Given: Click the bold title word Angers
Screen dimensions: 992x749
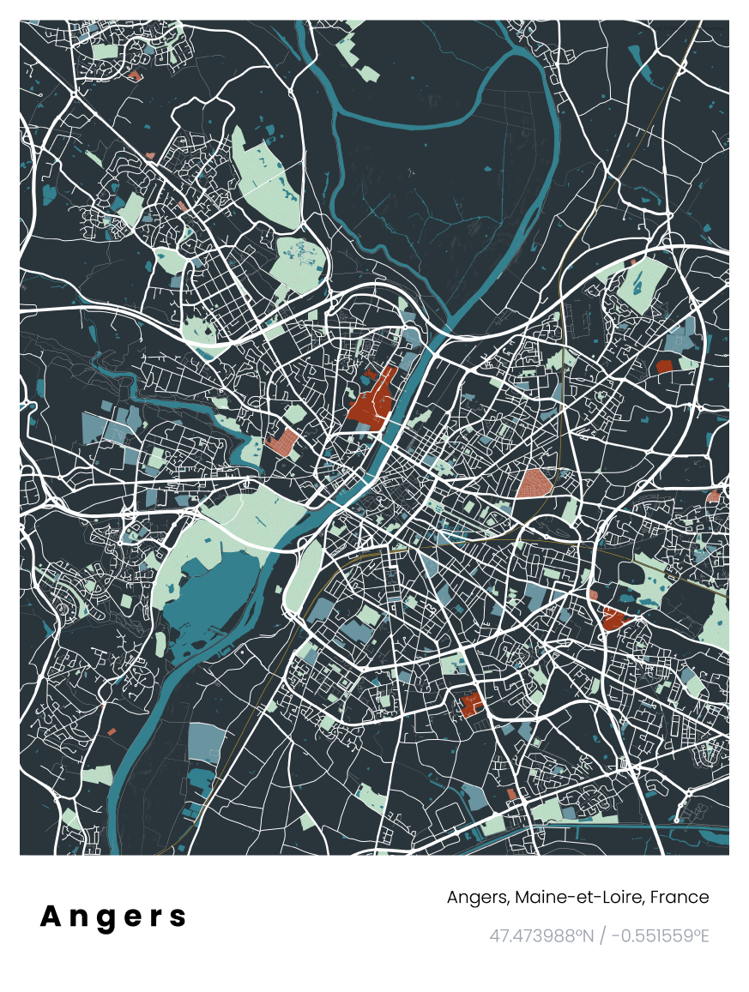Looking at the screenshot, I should [113, 917].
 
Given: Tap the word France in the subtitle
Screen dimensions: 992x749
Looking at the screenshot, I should [680, 898].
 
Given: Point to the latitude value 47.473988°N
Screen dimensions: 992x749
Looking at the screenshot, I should [541, 935].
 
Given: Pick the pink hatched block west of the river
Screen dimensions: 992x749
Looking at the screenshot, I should [282, 442].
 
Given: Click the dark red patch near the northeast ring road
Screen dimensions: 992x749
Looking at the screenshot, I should [663, 366].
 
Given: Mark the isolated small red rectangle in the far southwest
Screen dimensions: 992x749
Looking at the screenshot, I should [112, 731].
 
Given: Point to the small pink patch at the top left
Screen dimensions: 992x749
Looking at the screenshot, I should [134, 75].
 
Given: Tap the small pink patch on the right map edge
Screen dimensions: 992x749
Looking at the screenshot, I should [713, 496].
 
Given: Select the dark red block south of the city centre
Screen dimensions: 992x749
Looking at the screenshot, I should [470, 705].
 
